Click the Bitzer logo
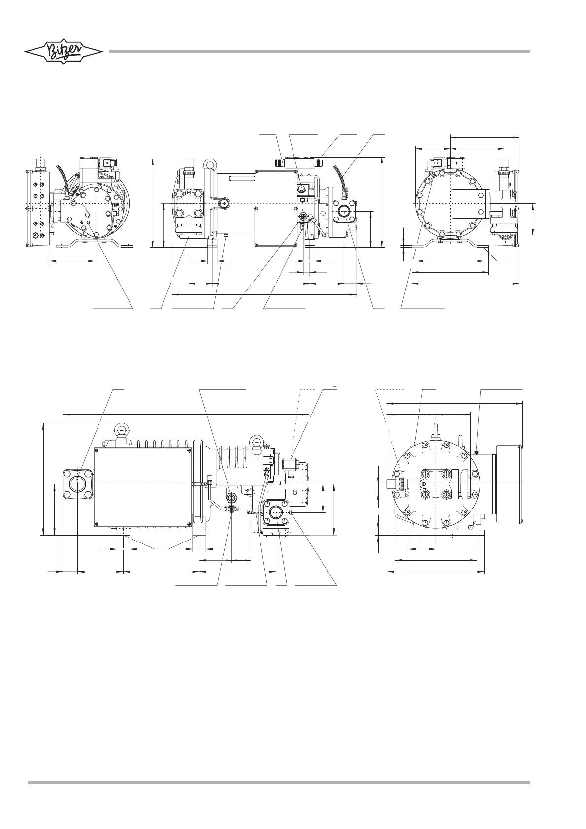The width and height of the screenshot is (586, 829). click(64, 51)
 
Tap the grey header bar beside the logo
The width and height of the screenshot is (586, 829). click(319, 52)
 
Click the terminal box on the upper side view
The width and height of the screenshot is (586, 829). click(276, 208)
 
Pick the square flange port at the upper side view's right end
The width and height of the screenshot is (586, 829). click(344, 211)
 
